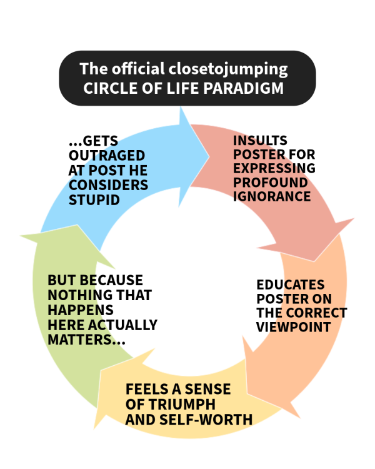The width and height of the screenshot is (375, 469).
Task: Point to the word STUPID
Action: pyautogui.click(x=94, y=199)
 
